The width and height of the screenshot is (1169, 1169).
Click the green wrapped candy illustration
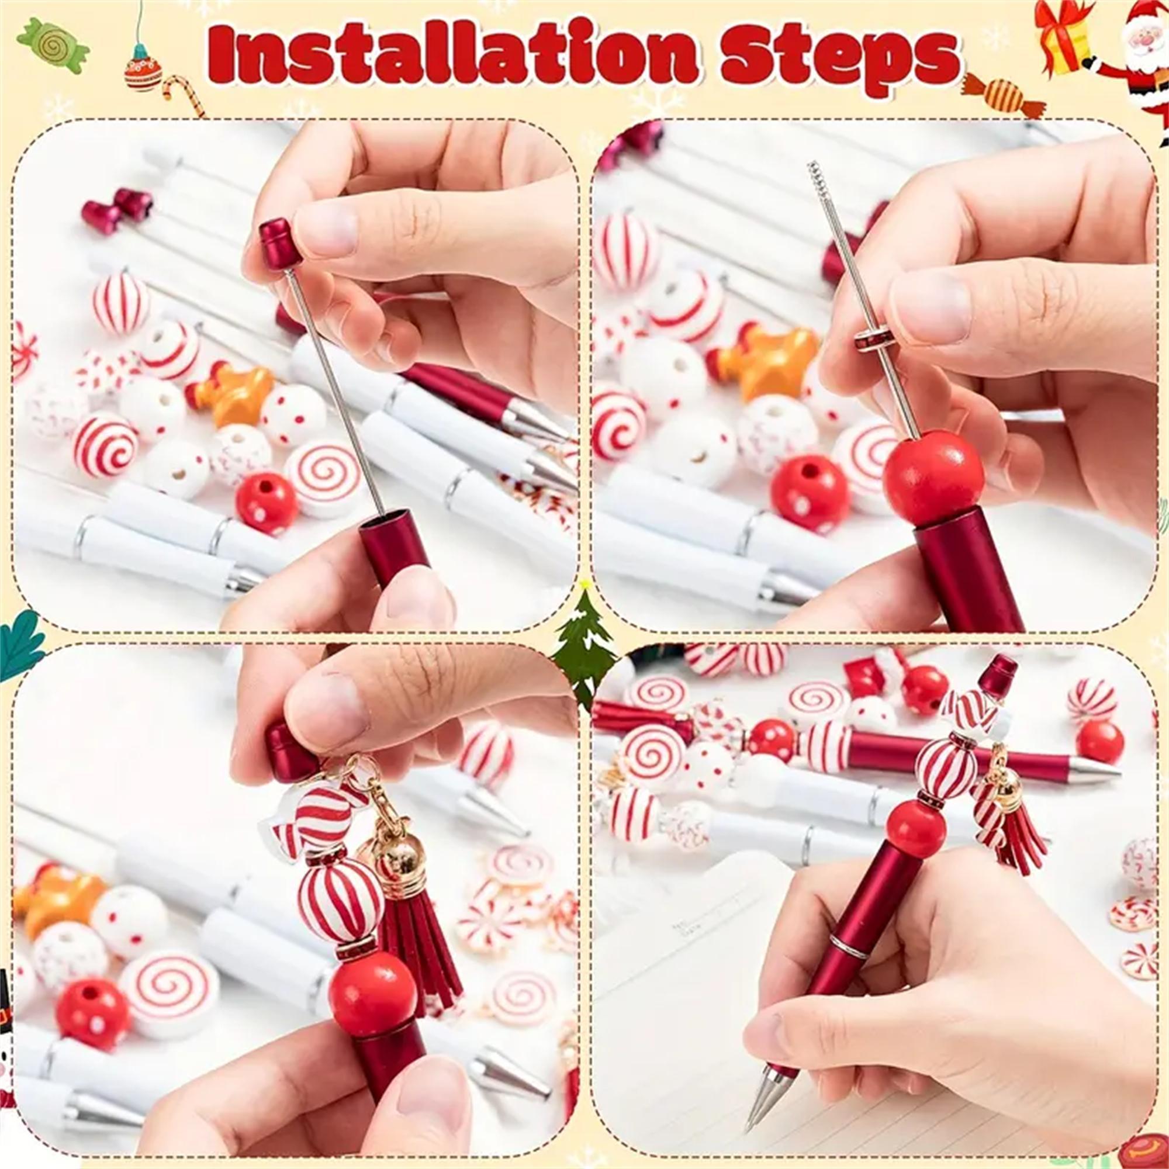click(x=54, y=46)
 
